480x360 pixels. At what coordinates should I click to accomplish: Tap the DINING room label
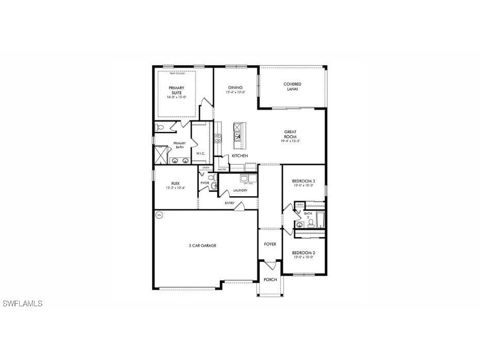(235, 87)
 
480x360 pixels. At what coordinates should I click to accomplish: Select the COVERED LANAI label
(292, 87)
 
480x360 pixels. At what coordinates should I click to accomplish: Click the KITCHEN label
(239, 155)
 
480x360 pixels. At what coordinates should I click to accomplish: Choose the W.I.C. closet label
(201, 153)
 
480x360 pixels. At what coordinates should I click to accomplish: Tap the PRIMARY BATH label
(179, 145)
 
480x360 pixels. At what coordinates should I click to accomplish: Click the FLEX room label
(175, 184)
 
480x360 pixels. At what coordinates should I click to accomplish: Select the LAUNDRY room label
(239, 190)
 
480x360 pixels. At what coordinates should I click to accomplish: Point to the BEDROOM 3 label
(303, 181)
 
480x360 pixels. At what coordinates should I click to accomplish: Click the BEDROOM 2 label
(303, 253)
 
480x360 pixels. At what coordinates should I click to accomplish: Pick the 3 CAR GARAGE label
(202, 245)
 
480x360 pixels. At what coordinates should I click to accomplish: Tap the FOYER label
(270, 244)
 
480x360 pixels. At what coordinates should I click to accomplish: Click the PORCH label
(270, 279)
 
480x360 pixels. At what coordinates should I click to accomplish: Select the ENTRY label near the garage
(229, 203)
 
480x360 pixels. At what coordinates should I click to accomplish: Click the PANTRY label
(222, 169)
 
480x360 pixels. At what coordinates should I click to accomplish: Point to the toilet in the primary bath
(159, 127)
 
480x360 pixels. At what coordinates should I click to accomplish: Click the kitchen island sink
(238, 136)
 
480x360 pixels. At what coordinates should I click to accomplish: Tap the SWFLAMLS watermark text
(23, 304)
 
